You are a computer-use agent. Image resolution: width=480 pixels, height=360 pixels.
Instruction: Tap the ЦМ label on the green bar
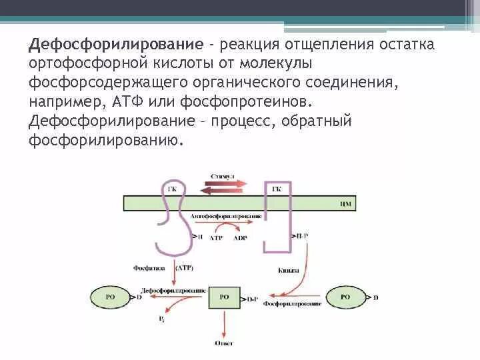pos(345,202)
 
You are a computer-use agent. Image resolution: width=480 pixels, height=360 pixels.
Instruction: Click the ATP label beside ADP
pos(216,237)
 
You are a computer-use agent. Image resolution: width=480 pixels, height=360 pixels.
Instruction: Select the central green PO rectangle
pos(224,297)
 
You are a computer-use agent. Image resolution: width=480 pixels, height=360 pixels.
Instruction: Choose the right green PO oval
pos(345,297)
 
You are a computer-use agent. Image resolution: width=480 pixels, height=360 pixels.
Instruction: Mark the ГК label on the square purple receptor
pos(277,189)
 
